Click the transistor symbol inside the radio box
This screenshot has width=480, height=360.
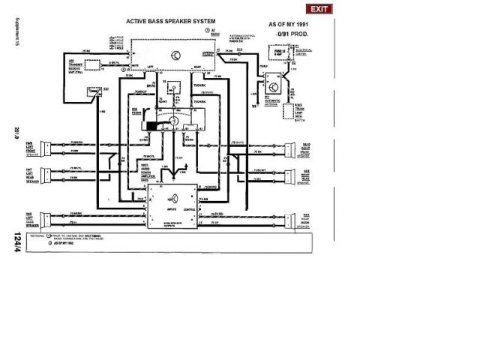175,55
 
